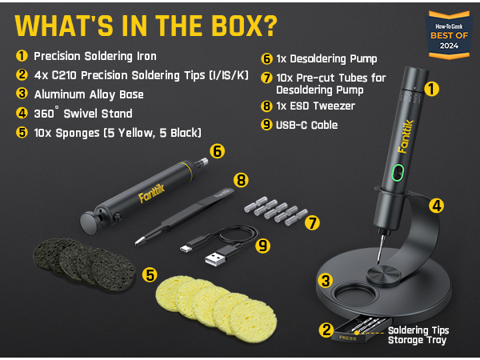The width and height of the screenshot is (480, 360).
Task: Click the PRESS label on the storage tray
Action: tap(348, 338)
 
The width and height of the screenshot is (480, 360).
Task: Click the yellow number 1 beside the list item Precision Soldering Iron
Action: tap(22, 57)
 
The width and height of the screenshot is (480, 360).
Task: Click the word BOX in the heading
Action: tap(232, 25)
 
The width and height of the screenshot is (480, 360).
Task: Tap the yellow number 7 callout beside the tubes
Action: tap(312, 222)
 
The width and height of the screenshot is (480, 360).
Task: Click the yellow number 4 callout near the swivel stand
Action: tap(437, 206)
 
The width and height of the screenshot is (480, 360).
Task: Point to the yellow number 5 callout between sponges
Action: tap(150, 274)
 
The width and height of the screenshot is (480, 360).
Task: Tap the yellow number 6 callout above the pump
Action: tap(216, 150)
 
